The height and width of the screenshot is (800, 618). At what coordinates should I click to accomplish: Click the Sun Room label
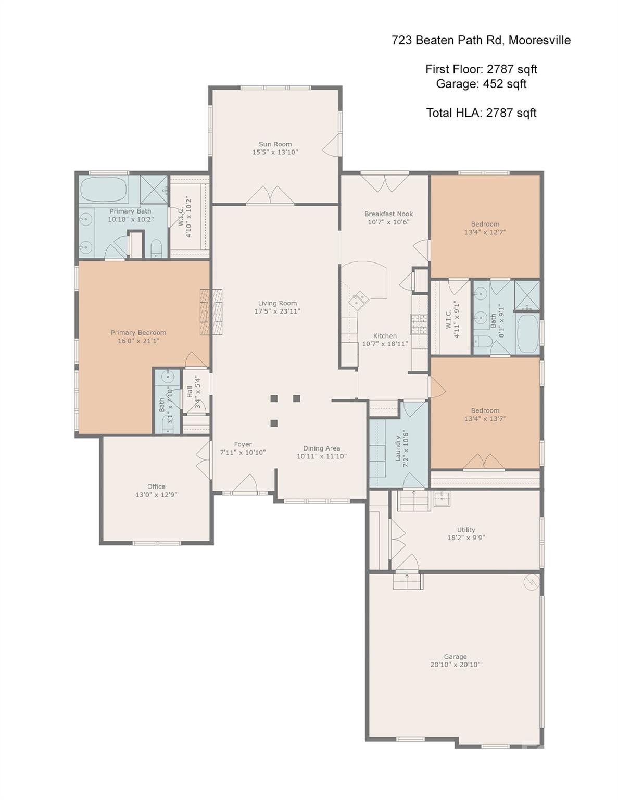[x=275, y=144]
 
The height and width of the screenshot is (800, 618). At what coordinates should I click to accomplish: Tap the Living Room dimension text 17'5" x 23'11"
[x=278, y=311]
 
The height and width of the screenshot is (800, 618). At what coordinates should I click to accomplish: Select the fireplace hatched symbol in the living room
[x=211, y=312]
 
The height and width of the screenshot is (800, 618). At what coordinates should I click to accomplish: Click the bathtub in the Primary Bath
[x=104, y=189]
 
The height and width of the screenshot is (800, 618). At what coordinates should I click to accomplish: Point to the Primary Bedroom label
[x=138, y=333]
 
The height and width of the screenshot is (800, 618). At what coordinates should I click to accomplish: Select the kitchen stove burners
[x=419, y=324]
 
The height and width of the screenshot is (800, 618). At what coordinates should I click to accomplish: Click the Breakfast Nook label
[x=389, y=214]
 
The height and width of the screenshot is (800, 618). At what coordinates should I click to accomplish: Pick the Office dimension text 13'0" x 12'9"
[x=156, y=495]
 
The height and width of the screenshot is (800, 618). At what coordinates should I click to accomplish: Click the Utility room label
[x=466, y=530]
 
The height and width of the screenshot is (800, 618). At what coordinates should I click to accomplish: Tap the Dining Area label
[x=322, y=448]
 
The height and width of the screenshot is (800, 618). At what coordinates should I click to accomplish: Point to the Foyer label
[x=243, y=444]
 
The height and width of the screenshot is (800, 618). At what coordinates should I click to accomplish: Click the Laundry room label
[x=398, y=448]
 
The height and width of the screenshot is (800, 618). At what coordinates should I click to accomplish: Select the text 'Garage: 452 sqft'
[x=481, y=84]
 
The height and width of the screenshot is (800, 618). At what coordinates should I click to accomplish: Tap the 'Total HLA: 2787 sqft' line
[x=481, y=113]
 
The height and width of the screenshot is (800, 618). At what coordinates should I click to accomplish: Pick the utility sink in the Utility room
[x=442, y=498]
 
